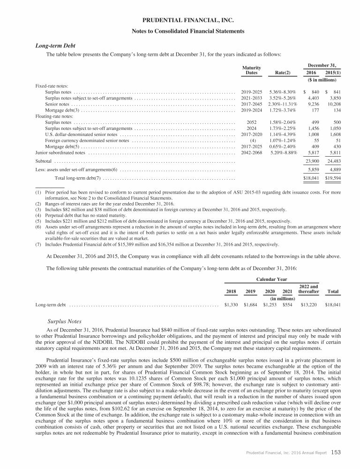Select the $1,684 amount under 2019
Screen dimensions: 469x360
pos(251,304)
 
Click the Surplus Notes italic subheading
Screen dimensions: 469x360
pos(65,322)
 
